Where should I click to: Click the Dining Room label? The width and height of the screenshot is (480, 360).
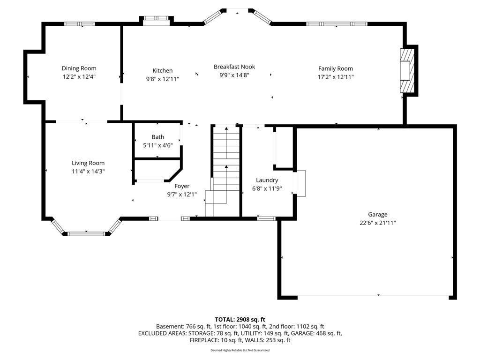coord(79,68)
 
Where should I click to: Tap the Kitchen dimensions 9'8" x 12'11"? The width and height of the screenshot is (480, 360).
coord(162,79)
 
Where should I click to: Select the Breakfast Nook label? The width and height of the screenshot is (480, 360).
coord(234,67)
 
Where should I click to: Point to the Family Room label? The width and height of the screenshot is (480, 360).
coord(336,68)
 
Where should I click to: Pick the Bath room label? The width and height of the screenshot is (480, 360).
coord(158,137)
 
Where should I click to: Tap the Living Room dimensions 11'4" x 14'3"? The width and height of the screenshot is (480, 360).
coord(88,171)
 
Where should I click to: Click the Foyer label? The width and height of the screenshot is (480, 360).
coord(182,186)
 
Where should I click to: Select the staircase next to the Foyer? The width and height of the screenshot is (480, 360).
coord(225,169)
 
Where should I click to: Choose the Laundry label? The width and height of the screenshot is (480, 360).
coord(267,180)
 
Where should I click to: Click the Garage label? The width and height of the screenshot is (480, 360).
coord(377,215)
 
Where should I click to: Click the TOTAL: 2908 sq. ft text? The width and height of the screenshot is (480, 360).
coord(240,319)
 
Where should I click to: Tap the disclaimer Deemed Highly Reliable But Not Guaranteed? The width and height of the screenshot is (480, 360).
coord(240,350)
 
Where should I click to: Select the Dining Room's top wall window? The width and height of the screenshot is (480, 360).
coord(80,24)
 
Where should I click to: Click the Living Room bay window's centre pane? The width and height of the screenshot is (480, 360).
coord(86,233)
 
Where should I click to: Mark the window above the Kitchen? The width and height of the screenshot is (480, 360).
coord(156,19)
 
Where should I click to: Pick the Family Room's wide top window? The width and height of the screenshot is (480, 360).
coord(336,24)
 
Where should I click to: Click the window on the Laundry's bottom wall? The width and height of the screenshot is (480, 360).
coord(266,218)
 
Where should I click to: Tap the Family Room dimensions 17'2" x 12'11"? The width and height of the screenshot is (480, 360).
coord(336,77)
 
